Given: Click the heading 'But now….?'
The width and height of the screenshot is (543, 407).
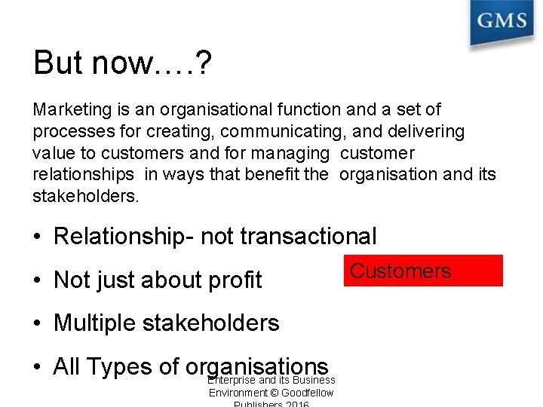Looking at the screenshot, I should (123, 64).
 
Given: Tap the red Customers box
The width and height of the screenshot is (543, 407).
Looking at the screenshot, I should (423, 271).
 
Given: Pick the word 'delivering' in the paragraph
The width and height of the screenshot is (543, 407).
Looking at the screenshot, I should (427, 132).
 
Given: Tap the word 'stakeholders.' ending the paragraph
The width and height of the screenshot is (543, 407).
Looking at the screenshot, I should (86, 197).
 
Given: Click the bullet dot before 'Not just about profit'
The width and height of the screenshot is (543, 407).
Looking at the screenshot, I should (37, 280).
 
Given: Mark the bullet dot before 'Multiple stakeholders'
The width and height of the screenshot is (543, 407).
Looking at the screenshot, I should (37, 323).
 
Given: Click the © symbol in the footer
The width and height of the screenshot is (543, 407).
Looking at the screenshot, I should (274, 393).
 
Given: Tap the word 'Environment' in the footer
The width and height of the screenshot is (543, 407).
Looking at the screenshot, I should (238, 393).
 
